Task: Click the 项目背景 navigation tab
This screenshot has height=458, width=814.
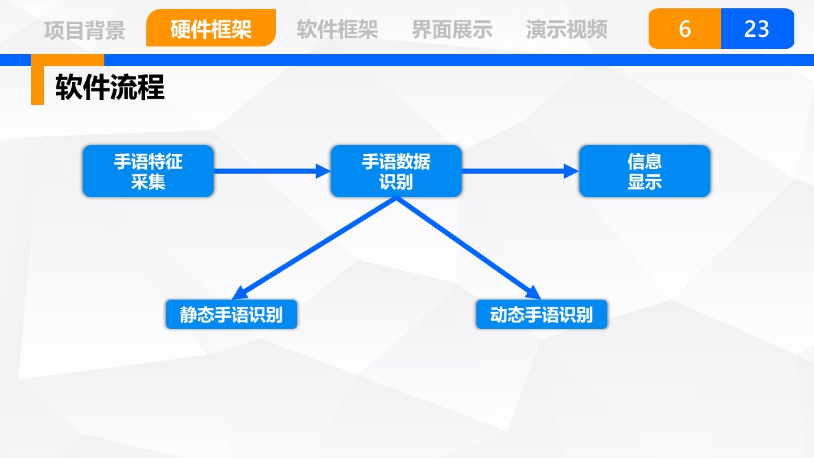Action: click(85, 30)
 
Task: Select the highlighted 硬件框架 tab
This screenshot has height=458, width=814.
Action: click(211, 28)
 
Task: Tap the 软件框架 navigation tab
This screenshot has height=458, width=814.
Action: click(337, 29)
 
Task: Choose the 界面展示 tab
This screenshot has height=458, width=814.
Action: click(452, 29)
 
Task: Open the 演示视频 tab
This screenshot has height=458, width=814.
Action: click(567, 29)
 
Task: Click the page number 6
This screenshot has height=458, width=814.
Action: click(685, 29)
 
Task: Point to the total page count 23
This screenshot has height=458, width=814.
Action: click(757, 29)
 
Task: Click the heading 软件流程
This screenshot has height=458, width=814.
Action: click(110, 87)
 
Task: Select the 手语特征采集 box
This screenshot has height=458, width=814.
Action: click(148, 171)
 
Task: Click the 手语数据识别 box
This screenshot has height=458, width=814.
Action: click(396, 171)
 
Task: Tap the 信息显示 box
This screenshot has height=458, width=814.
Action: click(645, 171)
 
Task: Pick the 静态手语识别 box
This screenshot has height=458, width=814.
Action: click(231, 314)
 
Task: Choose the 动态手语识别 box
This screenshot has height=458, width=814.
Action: click(541, 314)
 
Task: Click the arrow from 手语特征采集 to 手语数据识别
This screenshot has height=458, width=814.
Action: click(272, 171)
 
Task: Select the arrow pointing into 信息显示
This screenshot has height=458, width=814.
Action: click(520, 171)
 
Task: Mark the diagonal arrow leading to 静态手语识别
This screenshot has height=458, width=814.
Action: click(314, 248)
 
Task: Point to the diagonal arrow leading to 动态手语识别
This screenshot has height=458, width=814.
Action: click(469, 248)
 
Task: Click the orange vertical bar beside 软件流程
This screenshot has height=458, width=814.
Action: click(38, 80)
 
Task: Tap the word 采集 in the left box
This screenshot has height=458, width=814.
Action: click(148, 182)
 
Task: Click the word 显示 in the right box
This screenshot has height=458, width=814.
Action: click(645, 182)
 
